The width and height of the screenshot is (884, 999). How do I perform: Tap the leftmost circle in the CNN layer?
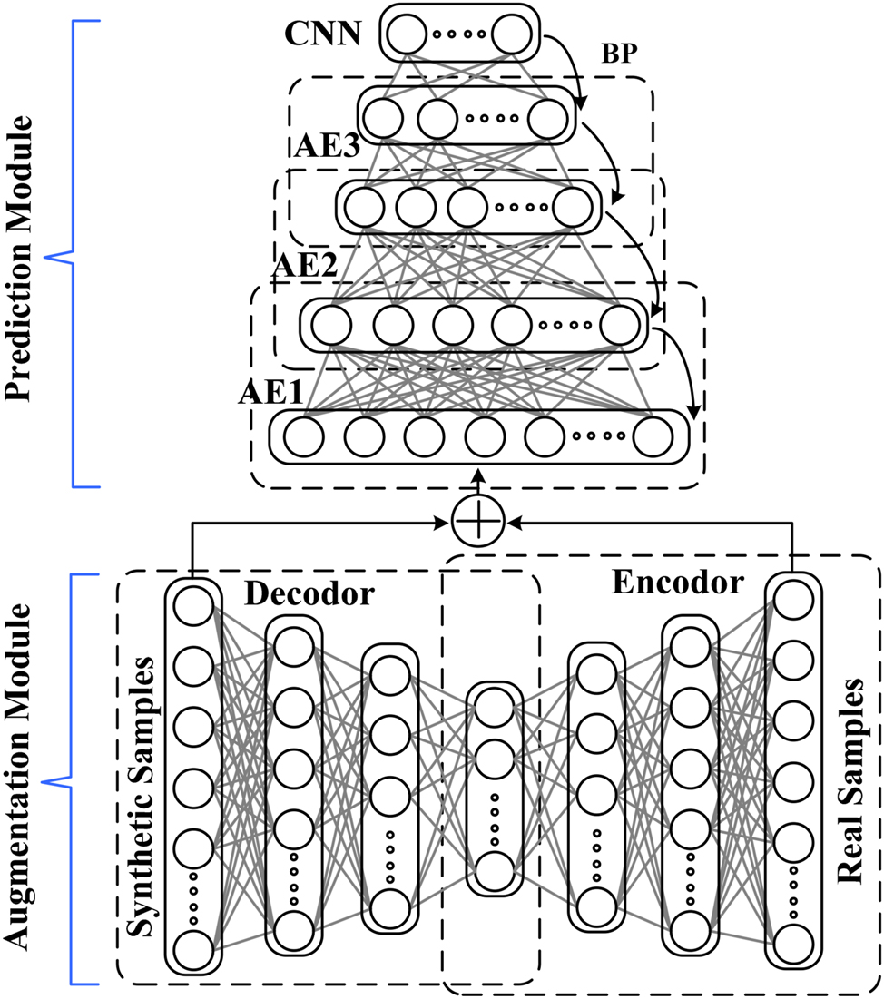(407, 34)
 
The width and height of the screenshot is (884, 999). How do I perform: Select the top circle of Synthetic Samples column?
(192, 605)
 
